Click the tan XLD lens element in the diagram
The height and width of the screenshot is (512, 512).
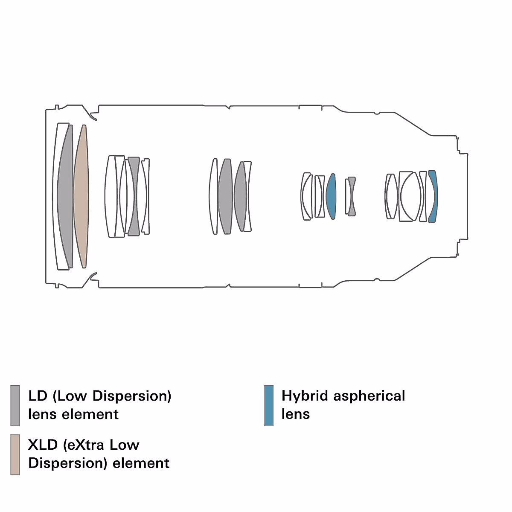81,196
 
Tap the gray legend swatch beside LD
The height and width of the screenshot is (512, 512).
15,405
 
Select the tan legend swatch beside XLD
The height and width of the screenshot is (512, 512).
15,454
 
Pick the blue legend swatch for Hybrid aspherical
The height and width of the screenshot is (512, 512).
269,405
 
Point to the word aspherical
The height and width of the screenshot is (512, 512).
369,396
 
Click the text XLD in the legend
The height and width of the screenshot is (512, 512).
43,445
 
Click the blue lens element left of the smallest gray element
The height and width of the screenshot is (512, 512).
331,196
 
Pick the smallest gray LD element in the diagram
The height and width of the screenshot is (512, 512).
352,196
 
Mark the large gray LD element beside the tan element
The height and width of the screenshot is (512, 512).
65,196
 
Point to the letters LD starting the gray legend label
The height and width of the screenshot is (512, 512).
38,396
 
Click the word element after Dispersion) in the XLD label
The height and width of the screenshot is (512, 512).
141,463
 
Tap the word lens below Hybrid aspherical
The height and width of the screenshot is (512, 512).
296,414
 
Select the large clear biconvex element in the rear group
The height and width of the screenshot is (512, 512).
410,196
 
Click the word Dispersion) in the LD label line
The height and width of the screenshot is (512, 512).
131,396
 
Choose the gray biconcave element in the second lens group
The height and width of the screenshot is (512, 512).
134,196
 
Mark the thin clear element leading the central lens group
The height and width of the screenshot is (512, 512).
213,196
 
